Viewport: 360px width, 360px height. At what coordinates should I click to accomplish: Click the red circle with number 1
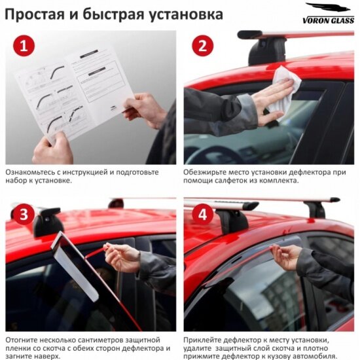pos(24,45)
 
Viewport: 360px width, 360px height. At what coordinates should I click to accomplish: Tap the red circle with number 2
pos(202,45)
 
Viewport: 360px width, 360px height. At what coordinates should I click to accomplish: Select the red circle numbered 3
pos(24,214)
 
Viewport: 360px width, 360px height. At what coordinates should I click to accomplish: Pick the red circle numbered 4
pos(202,214)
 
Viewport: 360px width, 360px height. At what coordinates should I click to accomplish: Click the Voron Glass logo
pos(329,13)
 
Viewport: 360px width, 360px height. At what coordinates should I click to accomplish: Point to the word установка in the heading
pos(186,14)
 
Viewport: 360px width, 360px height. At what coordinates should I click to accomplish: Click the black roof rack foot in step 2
pos(268,51)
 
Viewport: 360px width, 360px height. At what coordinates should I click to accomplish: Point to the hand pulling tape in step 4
pos(285,257)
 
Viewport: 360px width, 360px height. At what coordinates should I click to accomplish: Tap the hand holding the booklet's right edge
pos(145,110)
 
